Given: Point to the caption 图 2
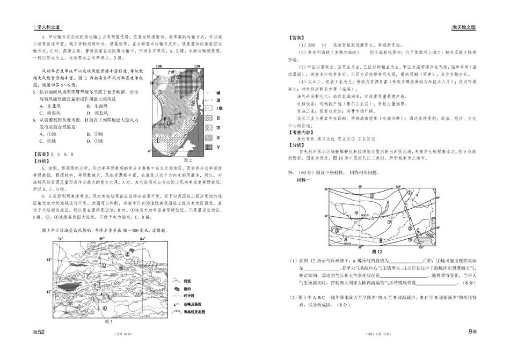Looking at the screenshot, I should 188,160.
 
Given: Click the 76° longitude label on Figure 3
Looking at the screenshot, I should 60,237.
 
